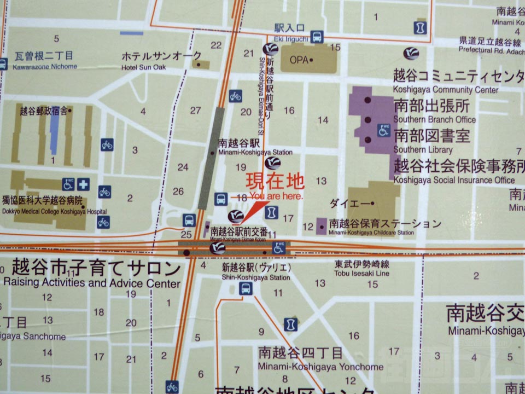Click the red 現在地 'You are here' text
point(275,181)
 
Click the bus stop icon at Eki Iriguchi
point(317,37)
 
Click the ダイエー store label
point(350,202)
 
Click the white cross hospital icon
point(83,184)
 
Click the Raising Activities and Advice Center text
point(91,283)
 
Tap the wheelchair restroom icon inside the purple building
point(384,130)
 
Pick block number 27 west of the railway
point(196,111)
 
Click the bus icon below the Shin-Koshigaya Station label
point(246,289)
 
